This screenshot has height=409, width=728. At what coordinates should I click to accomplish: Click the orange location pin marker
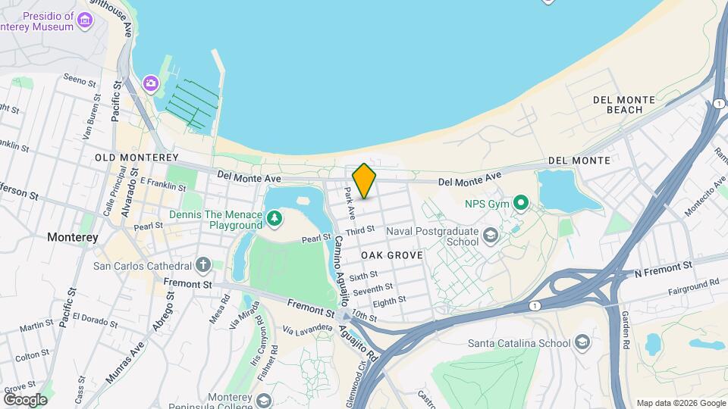(x=364, y=180)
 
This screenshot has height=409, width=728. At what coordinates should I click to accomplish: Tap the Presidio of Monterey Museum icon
(x=85, y=18)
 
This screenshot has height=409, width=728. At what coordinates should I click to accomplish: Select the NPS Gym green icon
(x=520, y=203)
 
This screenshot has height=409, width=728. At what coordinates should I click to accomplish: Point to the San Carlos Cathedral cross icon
(x=202, y=265)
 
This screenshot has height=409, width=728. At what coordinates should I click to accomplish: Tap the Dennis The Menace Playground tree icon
(x=274, y=220)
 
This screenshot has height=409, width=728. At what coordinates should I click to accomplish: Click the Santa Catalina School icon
(x=582, y=342)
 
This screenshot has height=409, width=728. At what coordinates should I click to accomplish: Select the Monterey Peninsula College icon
(x=264, y=400)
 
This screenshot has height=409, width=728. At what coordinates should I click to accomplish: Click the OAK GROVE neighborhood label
(x=391, y=255)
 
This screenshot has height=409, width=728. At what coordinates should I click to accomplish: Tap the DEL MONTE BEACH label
(x=619, y=105)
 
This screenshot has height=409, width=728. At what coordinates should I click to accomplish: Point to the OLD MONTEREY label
(x=130, y=158)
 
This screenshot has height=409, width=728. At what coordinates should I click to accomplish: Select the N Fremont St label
(x=663, y=267)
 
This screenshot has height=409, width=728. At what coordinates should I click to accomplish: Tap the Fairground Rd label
(x=693, y=286)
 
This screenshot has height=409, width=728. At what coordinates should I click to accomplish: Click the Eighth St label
(x=389, y=301)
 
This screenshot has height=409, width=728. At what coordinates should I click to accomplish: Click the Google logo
(x=25, y=399)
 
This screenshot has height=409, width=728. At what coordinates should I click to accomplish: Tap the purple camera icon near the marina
(x=151, y=82)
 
